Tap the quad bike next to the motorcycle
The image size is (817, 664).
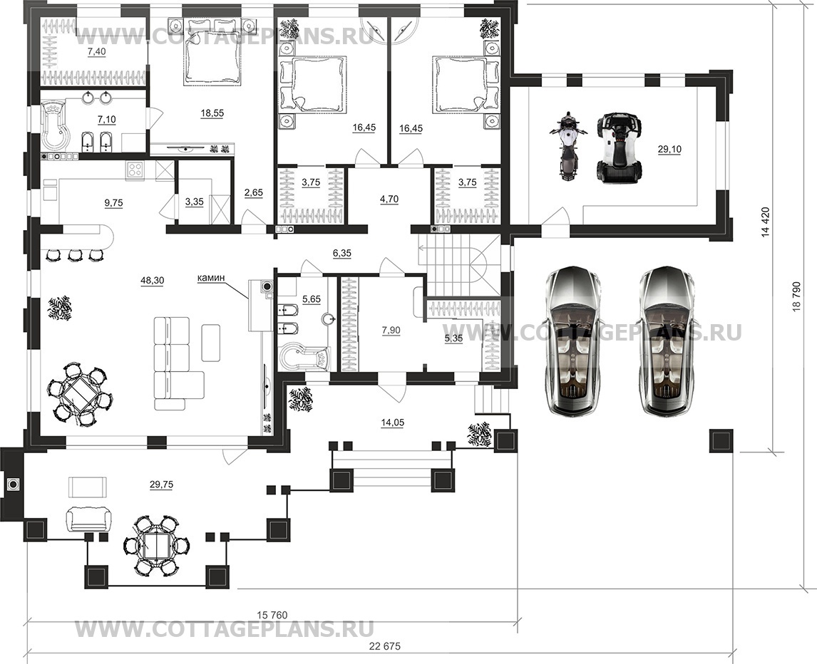point(619,148)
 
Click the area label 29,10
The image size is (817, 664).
point(669,150)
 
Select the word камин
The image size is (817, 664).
point(211,278)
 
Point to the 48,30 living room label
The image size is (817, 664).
point(152,281)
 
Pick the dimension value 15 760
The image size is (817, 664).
point(272,615)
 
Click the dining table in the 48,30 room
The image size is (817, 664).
point(80,394)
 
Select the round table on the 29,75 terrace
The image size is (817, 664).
point(157,545)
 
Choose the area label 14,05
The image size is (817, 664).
point(392,423)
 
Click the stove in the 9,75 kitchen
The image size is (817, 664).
point(135,170)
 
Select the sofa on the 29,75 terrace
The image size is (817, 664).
point(88,519)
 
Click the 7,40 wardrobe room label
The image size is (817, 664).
point(96,51)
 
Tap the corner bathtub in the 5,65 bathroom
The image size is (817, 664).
point(304,357)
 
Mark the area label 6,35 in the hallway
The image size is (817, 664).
point(342,253)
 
